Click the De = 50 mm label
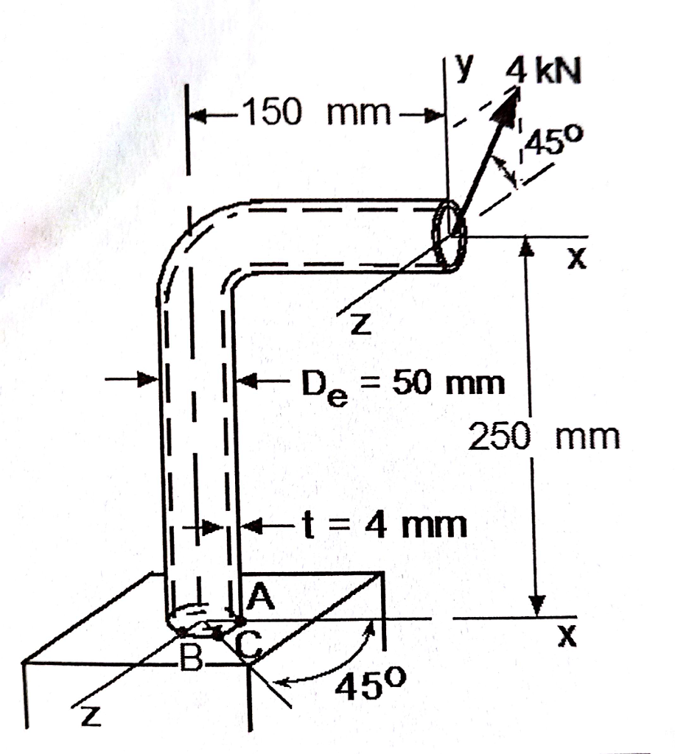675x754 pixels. coord(402,384)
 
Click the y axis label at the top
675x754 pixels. coord(462,68)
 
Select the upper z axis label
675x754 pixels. coord(358,324)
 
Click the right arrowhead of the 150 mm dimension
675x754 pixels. coord(436,114)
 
